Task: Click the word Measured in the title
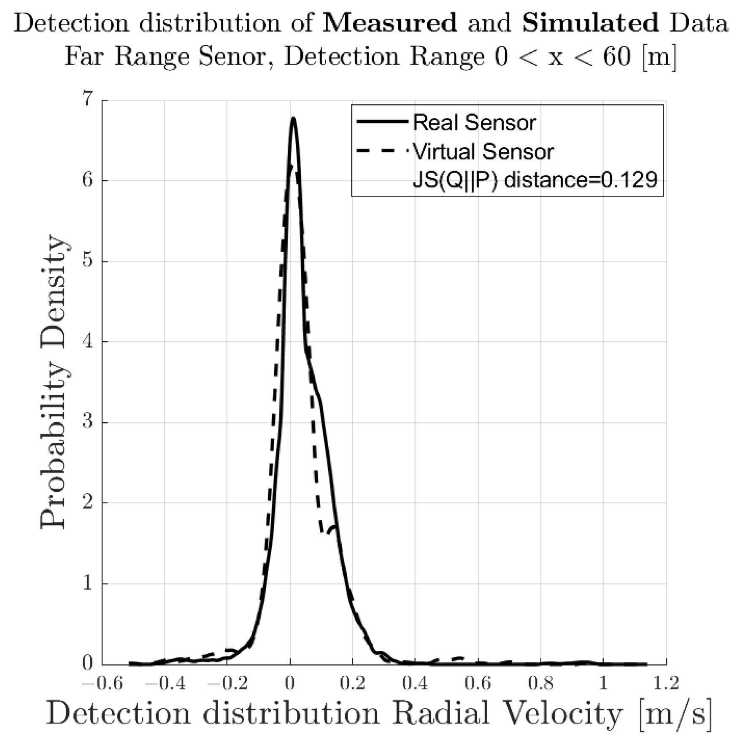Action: (389, 23)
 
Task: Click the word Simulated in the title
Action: (590, 23)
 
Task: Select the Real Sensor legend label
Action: (474, 123)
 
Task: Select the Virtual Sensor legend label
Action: (483, 151)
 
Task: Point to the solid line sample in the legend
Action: (382, 121)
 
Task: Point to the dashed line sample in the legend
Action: (382, 151)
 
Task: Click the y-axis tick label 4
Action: (88, 341)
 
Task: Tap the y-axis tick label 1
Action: (88, 584)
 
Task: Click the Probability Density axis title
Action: (54, 382)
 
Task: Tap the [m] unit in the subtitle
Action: (659, 57)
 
